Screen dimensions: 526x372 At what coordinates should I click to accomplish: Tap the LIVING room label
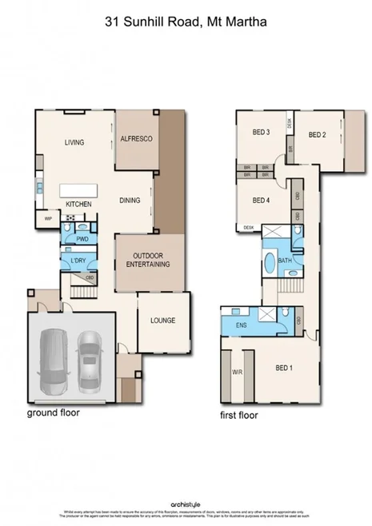tap(74, 143)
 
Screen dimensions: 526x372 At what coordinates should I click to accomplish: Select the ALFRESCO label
tap(136, 139)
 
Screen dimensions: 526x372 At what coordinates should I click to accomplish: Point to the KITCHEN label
tap(79, 205)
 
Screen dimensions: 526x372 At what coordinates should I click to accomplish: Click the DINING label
tap(130, 201)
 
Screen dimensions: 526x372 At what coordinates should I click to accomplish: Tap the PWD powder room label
tap(81, 238)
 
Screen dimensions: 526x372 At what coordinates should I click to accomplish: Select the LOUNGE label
tap(162, 321)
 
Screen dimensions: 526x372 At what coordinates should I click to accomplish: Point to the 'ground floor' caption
tap(54, 413)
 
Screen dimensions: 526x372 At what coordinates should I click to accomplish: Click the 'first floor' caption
tap(241, 416)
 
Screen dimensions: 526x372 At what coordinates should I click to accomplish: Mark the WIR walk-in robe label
tap(237, 372)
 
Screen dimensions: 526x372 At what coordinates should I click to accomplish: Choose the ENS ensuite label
tap(242, 325)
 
